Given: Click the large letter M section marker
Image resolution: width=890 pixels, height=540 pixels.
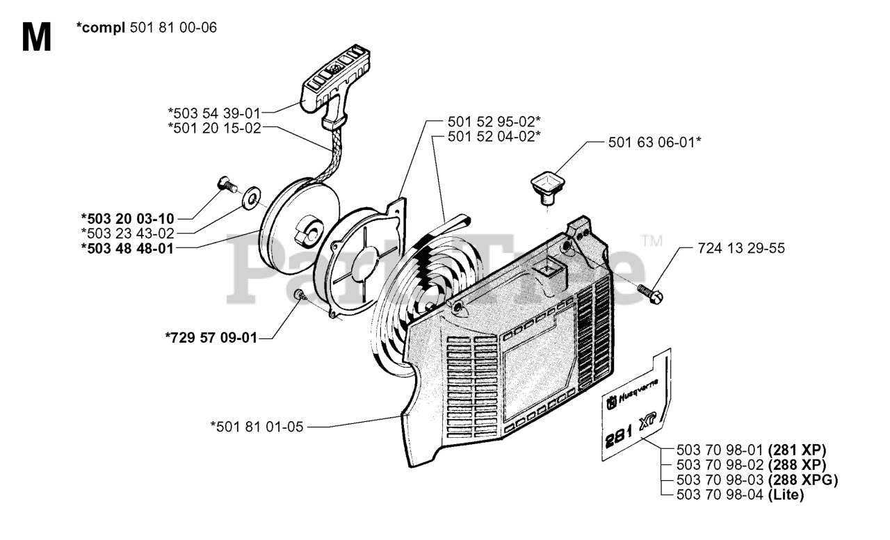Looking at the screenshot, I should coord(36,38).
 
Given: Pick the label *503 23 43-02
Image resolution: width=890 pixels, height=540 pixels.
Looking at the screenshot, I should coord(127,233).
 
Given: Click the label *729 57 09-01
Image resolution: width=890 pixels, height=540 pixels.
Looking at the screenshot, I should coord(211,338).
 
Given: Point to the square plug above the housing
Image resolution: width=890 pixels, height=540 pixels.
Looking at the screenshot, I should coord(545,186).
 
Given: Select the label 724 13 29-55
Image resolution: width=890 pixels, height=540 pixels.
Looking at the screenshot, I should coord(741,247).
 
